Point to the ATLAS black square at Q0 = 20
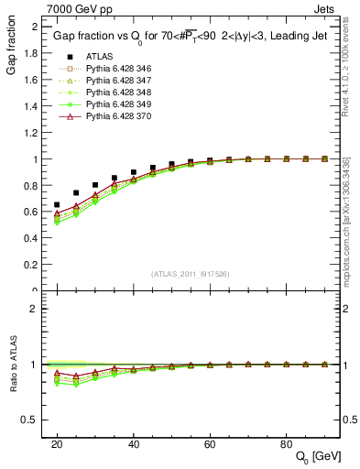click(x=57, y=205)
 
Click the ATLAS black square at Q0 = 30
click(x=95, y=185)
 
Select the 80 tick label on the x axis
click(x=286, y=442)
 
